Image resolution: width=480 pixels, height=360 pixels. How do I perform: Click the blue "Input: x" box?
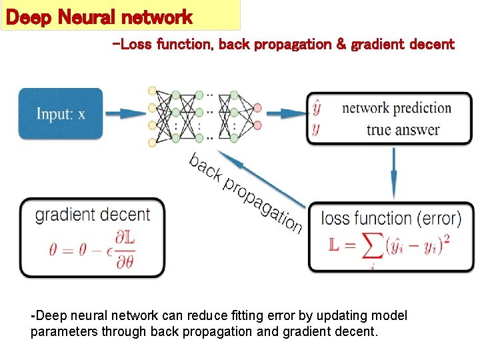pyautogui.click(x=61, y=113)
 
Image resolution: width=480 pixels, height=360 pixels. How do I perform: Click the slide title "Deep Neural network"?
pyautogui.click(x=99, y=17)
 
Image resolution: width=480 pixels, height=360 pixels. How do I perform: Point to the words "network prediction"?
pyautogui.click(x=396, y=108)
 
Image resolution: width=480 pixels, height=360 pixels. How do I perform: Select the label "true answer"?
pyautogui.click(x=403, y=129)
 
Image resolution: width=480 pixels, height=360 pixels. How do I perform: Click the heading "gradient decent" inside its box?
pyautogui.click(x=92, y=215)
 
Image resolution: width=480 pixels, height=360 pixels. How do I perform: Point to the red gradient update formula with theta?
pyautogui.click(x=91, y=248)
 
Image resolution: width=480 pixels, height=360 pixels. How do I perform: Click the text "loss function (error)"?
pyautogui.click(x=391, y=218)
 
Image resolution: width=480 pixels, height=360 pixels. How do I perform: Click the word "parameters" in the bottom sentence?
pyautogui.click(x=64, y=331)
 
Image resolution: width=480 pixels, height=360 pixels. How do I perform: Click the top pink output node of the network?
pyautogui.click(x=257, y=108)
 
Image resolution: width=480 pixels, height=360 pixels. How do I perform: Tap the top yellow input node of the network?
pyautogui.click(x=153, y=90)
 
